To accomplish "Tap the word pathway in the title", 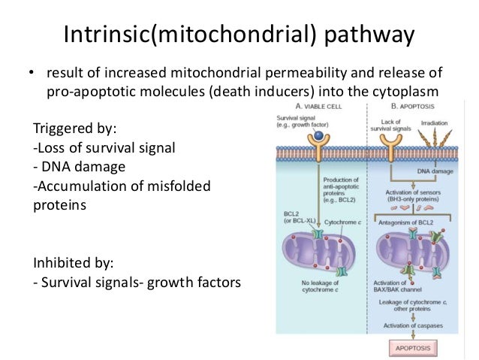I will coord(370,35).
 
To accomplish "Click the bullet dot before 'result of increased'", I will coord(32,74).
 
